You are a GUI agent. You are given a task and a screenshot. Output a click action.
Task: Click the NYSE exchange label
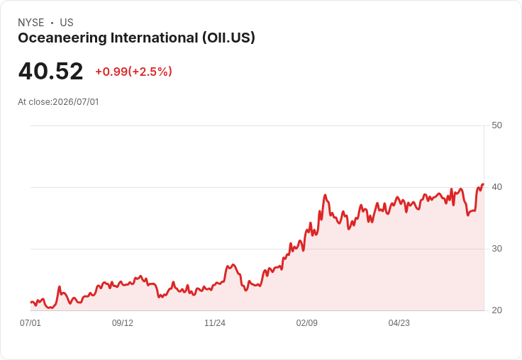pos(31,23)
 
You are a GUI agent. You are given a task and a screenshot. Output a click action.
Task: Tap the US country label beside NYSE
pos(67,23)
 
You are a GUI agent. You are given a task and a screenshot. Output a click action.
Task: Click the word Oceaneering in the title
pos(62,38)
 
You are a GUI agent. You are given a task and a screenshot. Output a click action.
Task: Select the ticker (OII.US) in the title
pos(228,38)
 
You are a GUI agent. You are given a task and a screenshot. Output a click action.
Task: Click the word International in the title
pos(155,38)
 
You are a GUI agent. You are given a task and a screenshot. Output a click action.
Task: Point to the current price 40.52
pos(50,71)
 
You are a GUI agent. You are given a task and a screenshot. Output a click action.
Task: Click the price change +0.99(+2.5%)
pos(134,72)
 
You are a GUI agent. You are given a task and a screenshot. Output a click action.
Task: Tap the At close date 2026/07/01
pos(76,102)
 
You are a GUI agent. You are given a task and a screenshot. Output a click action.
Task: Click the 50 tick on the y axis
pos(496,125)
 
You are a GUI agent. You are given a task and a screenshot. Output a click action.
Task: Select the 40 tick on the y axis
pos(496,187)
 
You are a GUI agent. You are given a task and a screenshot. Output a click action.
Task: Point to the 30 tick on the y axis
pos(496,249)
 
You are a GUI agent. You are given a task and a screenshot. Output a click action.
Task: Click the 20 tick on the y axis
pos(496,310)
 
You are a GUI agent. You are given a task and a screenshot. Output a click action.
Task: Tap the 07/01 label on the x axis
pos(30,323)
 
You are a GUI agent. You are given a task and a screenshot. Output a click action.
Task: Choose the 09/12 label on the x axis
pos(123,323)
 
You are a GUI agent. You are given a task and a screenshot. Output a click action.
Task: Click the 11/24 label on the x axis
pos(215,323)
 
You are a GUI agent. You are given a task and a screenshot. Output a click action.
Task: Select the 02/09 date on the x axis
pos(307,323)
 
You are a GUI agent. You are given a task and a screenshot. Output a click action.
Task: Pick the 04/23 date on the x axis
pos(399,323)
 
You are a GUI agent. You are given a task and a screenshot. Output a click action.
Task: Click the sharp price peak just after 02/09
pos(326,195)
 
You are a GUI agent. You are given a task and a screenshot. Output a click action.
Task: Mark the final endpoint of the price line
pos(483,184)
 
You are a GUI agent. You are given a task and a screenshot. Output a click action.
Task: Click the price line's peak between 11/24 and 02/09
pos(233,264)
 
